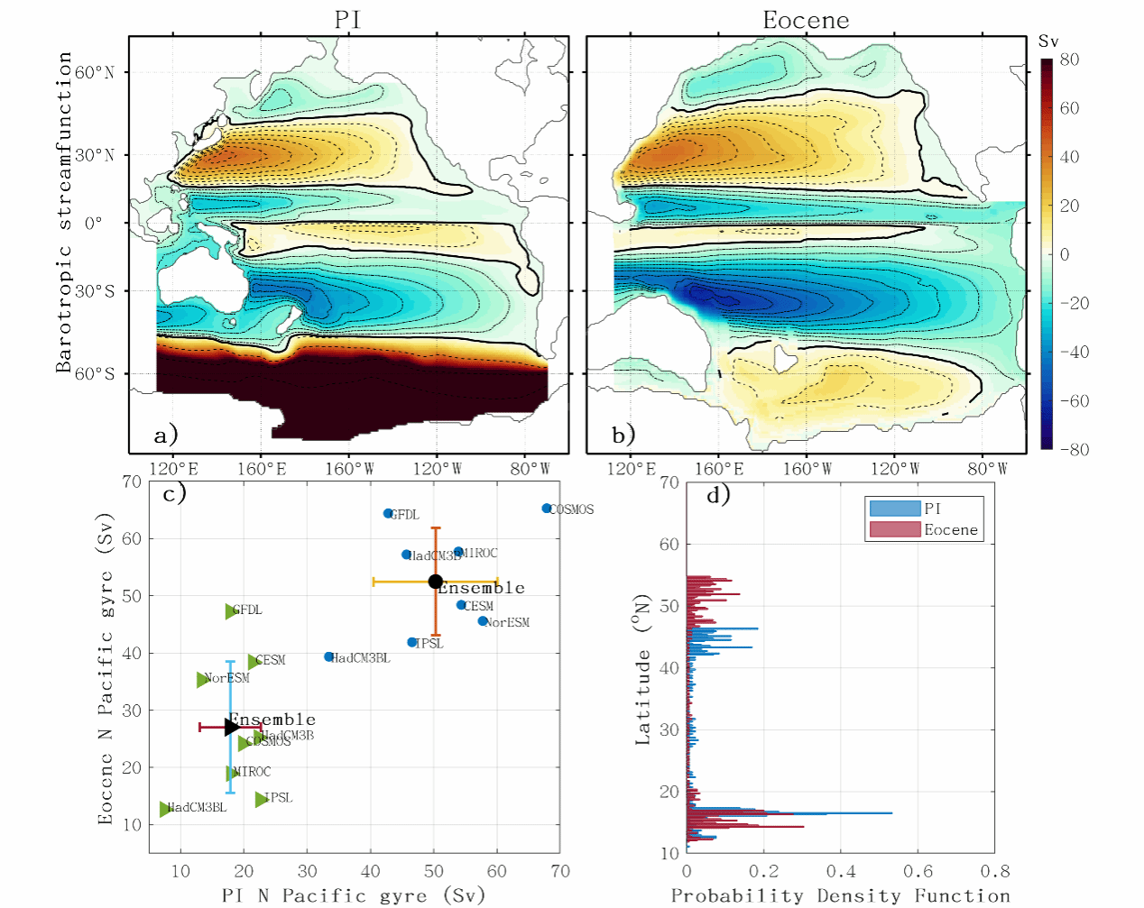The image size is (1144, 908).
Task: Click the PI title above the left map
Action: (348, 20)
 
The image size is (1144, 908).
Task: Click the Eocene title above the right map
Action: (806, 20)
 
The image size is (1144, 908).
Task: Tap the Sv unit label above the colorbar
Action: (1048, 41)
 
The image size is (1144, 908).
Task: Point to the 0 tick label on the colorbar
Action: (1065, 254)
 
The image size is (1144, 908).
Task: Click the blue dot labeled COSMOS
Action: (547, 509)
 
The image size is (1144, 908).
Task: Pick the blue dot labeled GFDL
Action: (389, 514)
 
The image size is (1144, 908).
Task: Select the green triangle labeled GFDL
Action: (231, 611)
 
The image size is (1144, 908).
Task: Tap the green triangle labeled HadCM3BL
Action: (166, 809)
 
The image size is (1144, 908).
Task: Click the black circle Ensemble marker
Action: (435, 582)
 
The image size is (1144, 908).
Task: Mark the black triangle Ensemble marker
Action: (232, 727)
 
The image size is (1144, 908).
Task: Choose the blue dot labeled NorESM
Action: (483, 621)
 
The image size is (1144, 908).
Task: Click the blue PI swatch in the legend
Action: (895, 509)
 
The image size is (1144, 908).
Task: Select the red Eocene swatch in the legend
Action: (895, 529)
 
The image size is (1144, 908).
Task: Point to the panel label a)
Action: (166, 436)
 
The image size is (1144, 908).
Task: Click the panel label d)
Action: (718, 494)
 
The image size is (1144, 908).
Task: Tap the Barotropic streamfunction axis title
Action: (63, 212)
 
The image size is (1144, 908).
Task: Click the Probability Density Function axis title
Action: (840, 895)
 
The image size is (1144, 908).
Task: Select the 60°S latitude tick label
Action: (94, 373)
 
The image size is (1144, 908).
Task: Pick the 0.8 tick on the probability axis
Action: (995, 871)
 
